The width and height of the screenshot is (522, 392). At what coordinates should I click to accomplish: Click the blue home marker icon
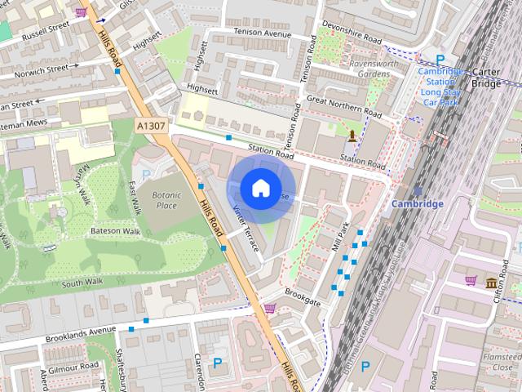pyautogui.click(x=259, y=188)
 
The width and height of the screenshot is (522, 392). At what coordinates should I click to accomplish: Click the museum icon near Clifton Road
pyautogui.click(x=492, y=283)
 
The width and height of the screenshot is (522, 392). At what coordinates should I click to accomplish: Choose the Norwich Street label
pyautogui.click(x=35, y=73)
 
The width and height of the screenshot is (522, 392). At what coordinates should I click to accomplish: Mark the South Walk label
pyautogui.click(x=82, y=283)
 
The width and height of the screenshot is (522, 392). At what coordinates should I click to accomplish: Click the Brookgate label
pyautogui.click(x=303, y=296)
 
